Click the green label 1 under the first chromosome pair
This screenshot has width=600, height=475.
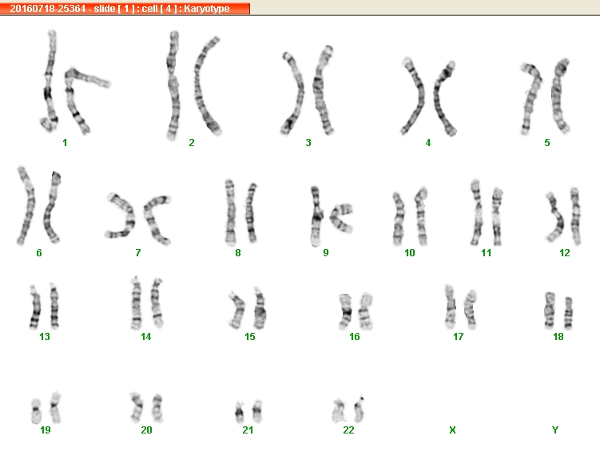tap(65, 143)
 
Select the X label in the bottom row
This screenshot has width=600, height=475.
tap(452, 429)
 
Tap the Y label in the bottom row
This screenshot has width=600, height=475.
tap(555, 429)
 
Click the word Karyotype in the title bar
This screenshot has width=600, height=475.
tap(207, 9)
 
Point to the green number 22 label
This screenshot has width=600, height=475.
tap(348, 429)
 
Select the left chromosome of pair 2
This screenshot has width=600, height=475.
tap(173, 86)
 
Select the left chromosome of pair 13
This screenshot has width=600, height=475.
tap(35, 307)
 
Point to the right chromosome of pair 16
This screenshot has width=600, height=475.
tap(365, 311)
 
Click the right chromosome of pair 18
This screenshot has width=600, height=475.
tap(568, 313)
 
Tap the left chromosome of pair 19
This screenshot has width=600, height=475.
tap(36, 411)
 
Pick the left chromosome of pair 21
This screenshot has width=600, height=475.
tap(240, 412)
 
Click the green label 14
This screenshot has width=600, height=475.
tap(145, 337)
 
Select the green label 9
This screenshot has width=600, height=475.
tap(326, 253)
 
